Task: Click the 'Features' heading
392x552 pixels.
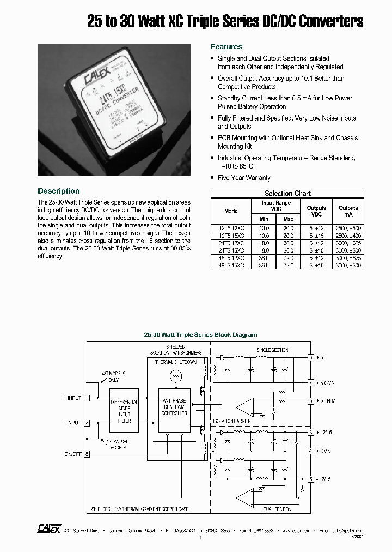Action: [x=226, y=47]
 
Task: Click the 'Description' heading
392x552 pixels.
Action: [x=58, y=191]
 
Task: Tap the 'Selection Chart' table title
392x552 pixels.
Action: [x=287, y=194]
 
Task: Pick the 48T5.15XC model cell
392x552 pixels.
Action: [x=231, y=265]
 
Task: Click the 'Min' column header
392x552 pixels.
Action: [x=264, y=219]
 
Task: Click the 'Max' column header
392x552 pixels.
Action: [x=288, y=219]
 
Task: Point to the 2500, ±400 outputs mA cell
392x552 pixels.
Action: [x=348, y=236]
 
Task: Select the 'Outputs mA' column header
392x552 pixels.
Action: [x=348, y=211]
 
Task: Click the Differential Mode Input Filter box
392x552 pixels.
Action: [x=124, y=410]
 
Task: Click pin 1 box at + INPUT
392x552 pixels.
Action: [x=87, y=398]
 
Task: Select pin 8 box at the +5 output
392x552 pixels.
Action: [x=311, y=358]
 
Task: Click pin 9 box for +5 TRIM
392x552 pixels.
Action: [x=311, y=401]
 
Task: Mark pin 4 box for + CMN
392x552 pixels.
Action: [x=311, y=451]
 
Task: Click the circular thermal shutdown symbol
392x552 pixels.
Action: [x=175, y=376]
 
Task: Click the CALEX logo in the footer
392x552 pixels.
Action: [x=45, y=529]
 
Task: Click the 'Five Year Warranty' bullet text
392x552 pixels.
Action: [x=244, y=178]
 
